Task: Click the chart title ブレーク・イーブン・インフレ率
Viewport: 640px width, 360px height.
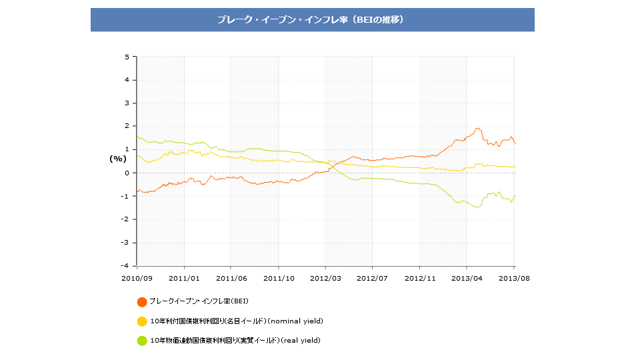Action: tap(312, 19)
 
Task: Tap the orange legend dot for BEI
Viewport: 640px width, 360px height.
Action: tap(142, 302)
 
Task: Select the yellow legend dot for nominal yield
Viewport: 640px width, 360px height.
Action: tap(142, 321)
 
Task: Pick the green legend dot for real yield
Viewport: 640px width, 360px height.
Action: tap(142, 341)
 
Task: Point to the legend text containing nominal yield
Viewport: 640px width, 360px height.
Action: tap(237, 321)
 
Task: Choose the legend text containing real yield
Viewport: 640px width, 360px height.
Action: tap(235, 341)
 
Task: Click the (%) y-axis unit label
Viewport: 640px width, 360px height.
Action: tap(117, 159)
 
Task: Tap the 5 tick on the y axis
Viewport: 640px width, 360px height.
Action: tap(127, 57)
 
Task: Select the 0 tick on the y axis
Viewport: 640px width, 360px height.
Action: tap(127, 173)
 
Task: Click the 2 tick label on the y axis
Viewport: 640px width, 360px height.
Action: tap(127, 127)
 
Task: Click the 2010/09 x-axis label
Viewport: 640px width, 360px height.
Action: tap(137, 277)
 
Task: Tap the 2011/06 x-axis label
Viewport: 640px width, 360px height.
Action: tap(231, 277)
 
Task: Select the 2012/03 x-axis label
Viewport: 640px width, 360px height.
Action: tap(325, 277)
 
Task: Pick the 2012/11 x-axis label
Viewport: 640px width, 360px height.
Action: tap(420, 277)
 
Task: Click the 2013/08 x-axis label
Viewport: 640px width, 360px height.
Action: tap(514, 277)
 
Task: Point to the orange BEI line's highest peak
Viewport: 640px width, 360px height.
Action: tap(477, 128)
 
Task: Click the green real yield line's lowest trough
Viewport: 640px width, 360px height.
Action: tap(477, 207)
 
